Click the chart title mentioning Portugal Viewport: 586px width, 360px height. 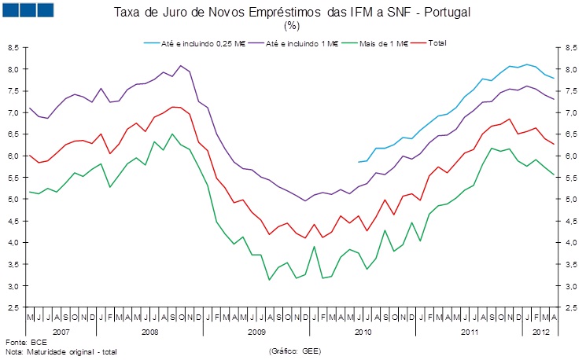[292, 13]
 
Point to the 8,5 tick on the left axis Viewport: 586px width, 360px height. [12, 48]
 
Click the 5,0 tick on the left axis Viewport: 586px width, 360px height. [12, 200]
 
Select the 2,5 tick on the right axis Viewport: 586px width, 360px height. [572, 308]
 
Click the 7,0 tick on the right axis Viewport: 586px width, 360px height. [572, 113]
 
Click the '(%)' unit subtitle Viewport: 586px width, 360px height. [292, 27]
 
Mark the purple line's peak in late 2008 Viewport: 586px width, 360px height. [181, 65]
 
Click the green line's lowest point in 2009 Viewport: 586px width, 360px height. [270, 280]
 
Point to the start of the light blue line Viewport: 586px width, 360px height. [358, 162]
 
